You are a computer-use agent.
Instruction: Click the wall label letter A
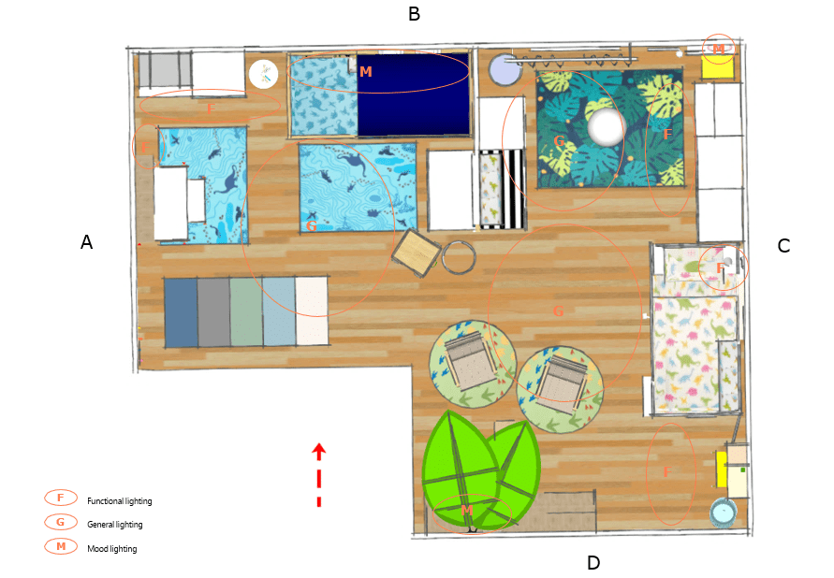point(86,242)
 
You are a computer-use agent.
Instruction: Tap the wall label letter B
point(414,14)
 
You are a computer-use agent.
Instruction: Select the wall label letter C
point(783,245)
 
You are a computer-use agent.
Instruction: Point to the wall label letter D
point(593,563)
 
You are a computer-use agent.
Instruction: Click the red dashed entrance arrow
point(318,474)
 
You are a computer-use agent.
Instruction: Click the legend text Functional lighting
point(120,501)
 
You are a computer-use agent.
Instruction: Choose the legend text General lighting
point(115,525)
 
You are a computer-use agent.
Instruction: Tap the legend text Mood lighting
point(112,548)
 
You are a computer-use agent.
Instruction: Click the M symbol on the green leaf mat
point(467,511)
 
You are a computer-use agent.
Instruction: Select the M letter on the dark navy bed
point(365,72)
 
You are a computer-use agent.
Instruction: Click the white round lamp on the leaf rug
point(606,127)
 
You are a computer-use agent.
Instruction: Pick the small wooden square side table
point(417,253)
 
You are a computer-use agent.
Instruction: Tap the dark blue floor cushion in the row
point(181,311)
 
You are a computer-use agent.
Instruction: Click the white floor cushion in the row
point(312,311)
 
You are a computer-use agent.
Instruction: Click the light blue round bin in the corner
point(724,513)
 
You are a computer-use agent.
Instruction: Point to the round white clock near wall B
point(263,74)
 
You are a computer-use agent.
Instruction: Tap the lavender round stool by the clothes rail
point(505,69)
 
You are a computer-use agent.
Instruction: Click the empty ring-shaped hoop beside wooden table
point(459,257)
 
